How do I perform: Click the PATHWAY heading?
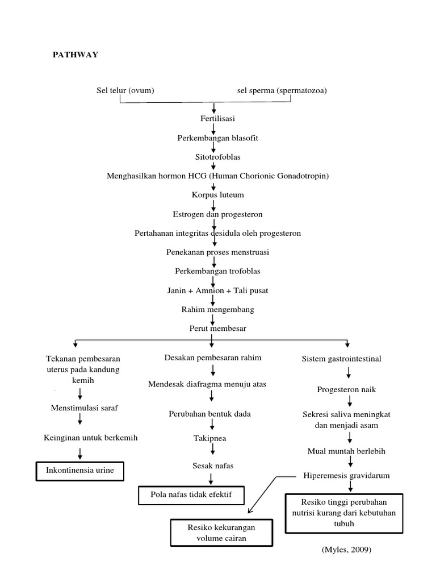point(76,55)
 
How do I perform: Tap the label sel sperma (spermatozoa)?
point(282,90)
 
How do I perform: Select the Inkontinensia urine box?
point(79,471)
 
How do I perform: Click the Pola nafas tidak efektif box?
point(192,495)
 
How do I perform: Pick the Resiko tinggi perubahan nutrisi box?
point(344,513)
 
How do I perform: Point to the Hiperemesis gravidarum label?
point(346,475)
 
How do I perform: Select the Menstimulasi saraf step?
point(85,408)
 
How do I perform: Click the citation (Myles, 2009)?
point(345,550)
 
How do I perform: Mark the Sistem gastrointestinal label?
point(342,359)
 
